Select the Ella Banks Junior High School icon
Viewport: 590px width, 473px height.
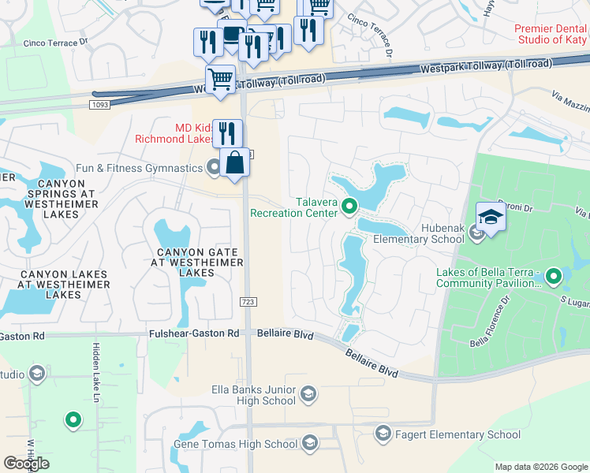pyautogui.click(x=308, y=394)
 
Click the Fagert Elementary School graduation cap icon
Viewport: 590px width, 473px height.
pyautogui.click(x=383, y=434)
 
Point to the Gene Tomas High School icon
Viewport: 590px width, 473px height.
pyautogui.click(x=310, y=444)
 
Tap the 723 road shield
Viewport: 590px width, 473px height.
pyautogui.click(x=246, y=302)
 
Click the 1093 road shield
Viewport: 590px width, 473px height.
pyautogui.click(x=99, y=105)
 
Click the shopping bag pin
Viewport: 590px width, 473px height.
pyautogui.click(x=234, y=163)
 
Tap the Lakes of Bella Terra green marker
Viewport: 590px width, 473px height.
pyautogui.click(x=554, y=276)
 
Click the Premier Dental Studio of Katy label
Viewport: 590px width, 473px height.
pyautogui.click(x=551, y=34)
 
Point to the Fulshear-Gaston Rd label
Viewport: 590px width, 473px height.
pyautogui.click(x=194, y=334)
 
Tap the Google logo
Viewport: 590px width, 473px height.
pyautogui.click(x=26, y=464)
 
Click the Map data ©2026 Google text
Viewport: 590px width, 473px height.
pyautogui.click(x=540, y=467)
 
